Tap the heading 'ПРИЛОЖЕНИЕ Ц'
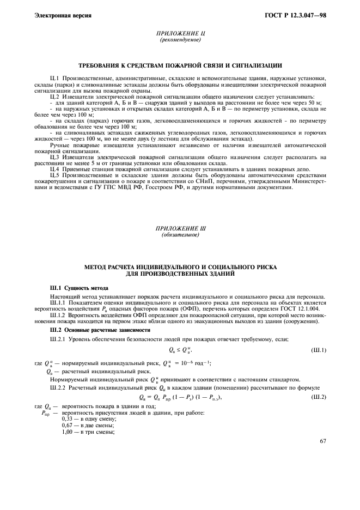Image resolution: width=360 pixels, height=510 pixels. (180, 34)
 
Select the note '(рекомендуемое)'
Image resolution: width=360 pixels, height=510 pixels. (180, 40)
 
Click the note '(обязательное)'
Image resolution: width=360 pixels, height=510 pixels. (180, 235)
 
